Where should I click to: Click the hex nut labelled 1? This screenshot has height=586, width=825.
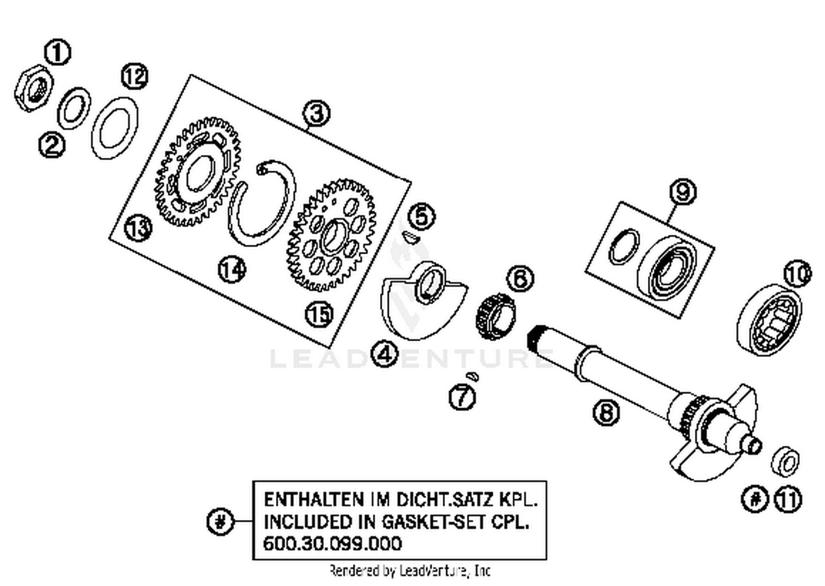point(34,88)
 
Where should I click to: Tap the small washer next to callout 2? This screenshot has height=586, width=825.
point(74,108)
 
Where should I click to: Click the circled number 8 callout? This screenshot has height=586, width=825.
point(606,412)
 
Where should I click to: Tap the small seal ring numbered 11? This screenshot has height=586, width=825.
point(786,461)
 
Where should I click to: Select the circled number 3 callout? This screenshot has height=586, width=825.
point(317,113)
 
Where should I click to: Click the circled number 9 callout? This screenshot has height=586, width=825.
point(683,192)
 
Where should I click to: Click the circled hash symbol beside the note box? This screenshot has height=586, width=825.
point(220,521)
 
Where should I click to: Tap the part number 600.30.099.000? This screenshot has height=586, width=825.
point(332,544)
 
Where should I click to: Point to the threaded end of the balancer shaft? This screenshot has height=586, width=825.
point(539,336)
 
